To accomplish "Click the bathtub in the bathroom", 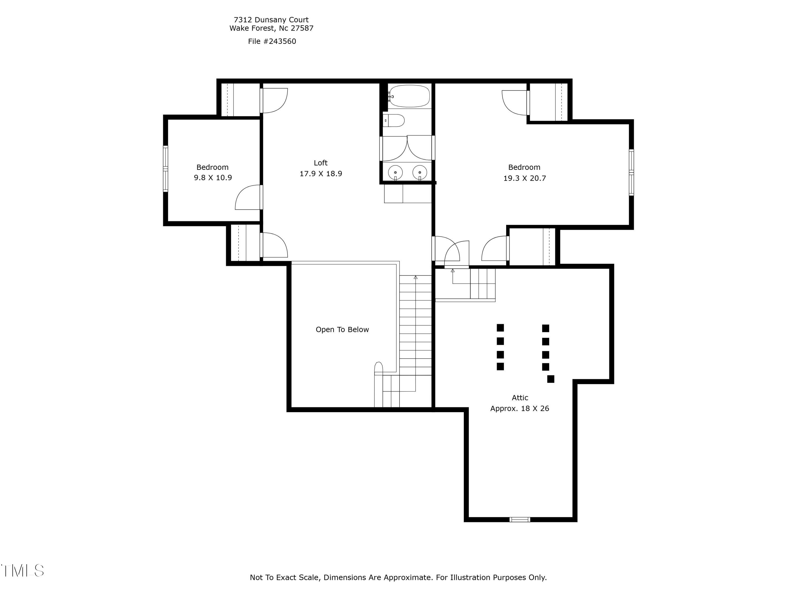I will (x=409, y=96).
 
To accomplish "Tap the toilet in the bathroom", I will (x=395, y=120).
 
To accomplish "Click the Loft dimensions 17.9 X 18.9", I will (x=321, y=174).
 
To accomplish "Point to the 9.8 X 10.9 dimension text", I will (x=213, y=178).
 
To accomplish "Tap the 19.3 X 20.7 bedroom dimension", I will (x=524, y=178).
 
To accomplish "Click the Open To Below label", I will (x=342, y=330).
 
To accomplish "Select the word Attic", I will (x=520, y=398).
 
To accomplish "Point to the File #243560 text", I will (x=272, y=41).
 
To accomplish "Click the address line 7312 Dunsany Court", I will (x=271, y=20).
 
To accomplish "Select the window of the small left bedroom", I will (x=166, y=168).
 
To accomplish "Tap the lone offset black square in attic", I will (x=550, y=379).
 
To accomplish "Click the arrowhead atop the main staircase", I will (x=416, y=277).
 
